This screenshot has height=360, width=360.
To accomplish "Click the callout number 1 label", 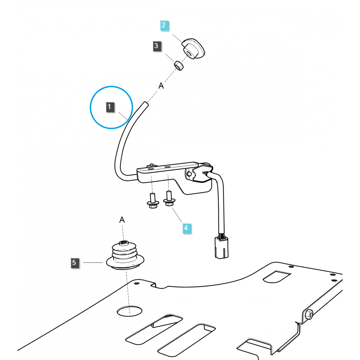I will point(110,107).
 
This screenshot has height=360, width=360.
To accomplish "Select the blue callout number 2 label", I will point(164,25).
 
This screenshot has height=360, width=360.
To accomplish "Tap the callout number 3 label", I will point(156,46).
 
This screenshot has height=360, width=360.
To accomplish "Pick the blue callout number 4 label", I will point(186,228).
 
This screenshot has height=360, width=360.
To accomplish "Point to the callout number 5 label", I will point(74,263).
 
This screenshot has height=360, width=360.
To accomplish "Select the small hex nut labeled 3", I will point(179,65).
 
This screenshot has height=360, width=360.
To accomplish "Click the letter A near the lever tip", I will point(161,86).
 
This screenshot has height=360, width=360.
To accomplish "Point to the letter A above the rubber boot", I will point(122,220).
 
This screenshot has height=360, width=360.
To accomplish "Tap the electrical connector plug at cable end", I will point(221,247).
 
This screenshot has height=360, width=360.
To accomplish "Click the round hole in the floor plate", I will point(129,311).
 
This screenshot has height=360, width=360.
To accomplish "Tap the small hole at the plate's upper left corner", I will point(136,283).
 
